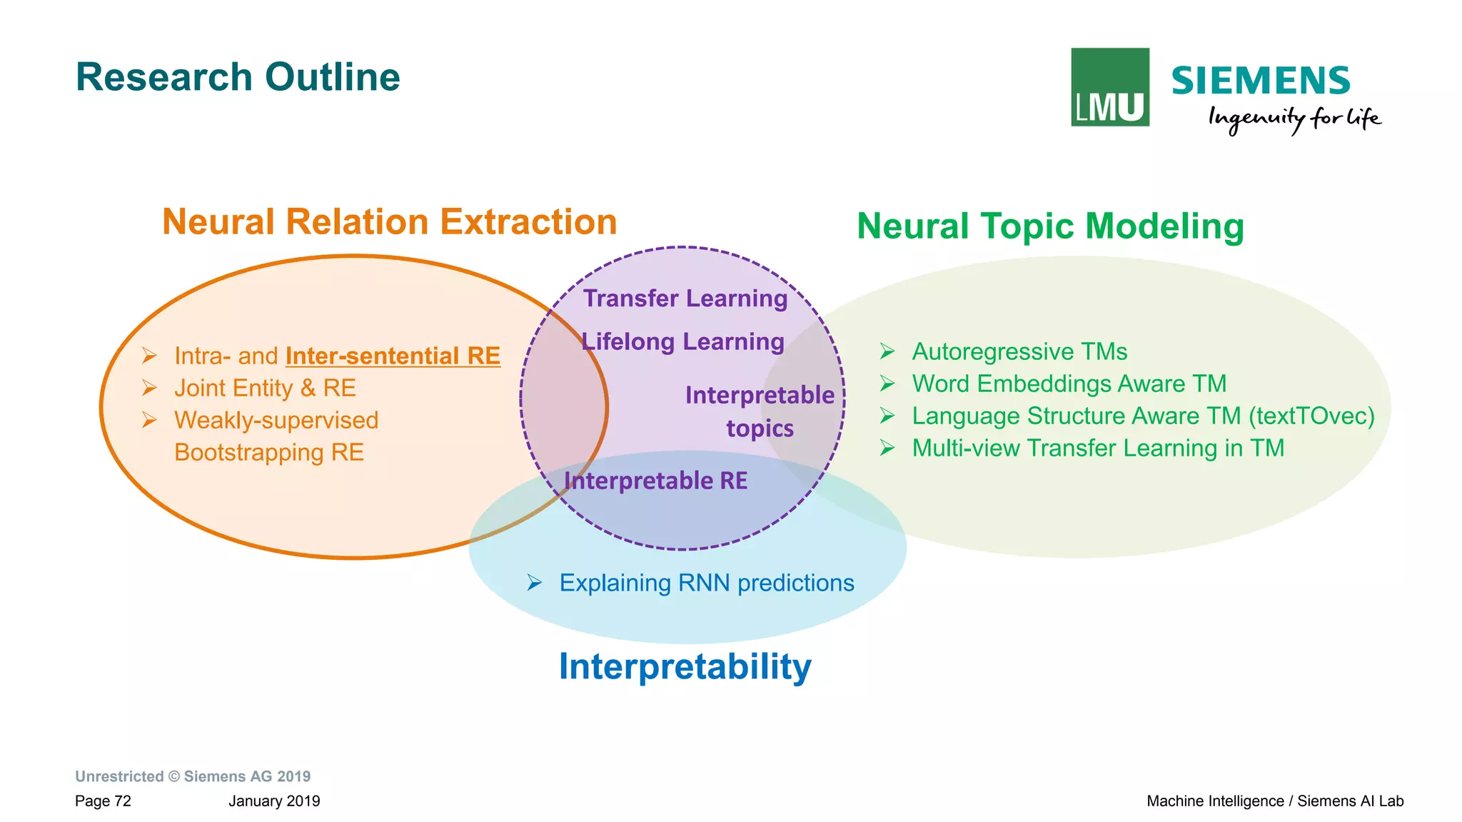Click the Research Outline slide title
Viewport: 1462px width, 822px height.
click(238, 77)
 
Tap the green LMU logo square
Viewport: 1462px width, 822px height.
click(1109, 87)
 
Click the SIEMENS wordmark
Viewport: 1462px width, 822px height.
click(1260, 81)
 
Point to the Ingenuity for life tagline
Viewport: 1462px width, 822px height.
click(1294, 119)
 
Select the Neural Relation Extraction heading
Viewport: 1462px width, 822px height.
click(389, 222)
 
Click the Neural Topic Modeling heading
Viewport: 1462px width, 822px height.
click(1050, 226)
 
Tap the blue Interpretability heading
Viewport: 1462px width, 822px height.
click(685, 666)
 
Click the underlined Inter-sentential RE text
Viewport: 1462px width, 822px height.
click(393, 356)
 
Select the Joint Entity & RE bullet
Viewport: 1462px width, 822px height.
click(265, 388)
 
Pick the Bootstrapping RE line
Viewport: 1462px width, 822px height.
click(269, 452)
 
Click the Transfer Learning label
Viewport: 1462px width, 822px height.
click(685, 299)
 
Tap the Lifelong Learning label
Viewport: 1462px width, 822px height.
click(682, 342)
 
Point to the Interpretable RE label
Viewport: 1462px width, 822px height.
click(655, 481)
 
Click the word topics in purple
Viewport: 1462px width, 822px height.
click(760, 428)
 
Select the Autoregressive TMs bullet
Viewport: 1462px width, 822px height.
click(1019, 351)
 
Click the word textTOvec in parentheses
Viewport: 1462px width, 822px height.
click(1311, 416)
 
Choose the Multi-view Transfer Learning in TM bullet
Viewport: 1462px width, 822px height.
click(1097, 448)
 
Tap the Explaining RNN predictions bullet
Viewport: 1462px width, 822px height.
click(706, 583)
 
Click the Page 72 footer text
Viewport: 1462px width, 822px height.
click(103, 801)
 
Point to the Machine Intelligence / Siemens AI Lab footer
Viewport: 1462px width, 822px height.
click(1274, 801)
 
